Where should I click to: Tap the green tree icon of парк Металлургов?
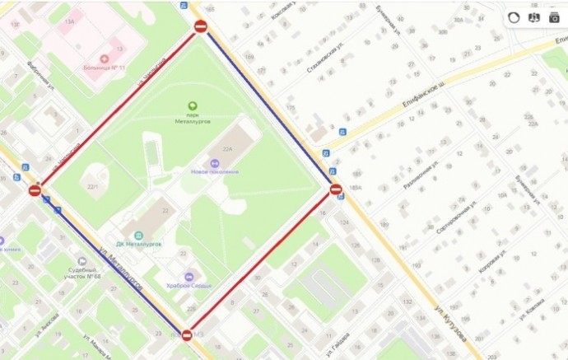click(x=193, y=105)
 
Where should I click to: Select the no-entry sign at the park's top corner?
click(x=201, y=27)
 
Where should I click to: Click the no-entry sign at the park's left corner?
click(x=35, y=190)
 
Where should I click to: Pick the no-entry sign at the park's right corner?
click(x=336, y=190)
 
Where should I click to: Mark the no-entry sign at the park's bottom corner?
click(x=187, y=334)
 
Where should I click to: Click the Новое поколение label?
click(x=214, y=171)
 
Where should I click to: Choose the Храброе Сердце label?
click(x=190, y=285)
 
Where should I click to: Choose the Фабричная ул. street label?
click(x=39, y=76)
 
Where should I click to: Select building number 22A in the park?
click(x=228, y=149)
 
